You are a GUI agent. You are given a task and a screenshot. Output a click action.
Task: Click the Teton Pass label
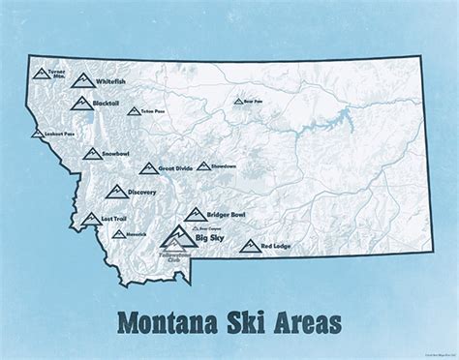[x=152, y=113]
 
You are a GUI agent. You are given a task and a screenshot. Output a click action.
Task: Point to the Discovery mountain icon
[x=115, y=191]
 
